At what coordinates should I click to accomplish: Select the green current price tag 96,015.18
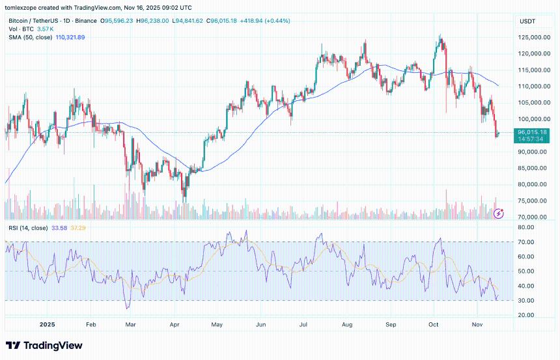(x=531, y=132)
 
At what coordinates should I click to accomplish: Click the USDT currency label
(x=526, y=21)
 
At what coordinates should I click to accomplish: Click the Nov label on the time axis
(x=477, y=324)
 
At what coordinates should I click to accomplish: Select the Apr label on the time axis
(x=175, y=324)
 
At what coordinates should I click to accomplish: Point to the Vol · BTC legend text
(x=22, y=29)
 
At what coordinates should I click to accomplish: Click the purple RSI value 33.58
(x=60, y=227)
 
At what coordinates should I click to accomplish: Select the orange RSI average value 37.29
(x=77, y=227)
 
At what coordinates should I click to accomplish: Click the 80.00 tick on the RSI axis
(x=526, y=227)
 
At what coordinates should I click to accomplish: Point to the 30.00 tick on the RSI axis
(x=526, y=301)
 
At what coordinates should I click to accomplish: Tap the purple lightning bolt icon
(x=499, y=214)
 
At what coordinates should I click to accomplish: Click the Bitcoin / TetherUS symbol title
(x=36, y=21)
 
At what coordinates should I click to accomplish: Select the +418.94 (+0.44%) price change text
(x=260, y=21)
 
